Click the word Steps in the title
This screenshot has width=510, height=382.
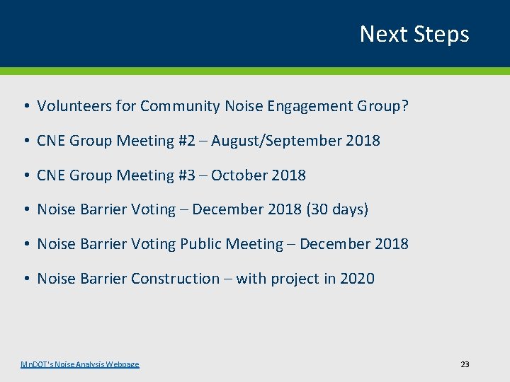click(x=441, y=35)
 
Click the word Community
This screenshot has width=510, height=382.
click(x=180, y=106)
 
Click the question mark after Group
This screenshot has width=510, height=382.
click(x=405, y=106)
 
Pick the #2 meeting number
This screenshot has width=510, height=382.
click(x=185, y=141)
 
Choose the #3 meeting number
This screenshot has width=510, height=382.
click(x=185, y=175)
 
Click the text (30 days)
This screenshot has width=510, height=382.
click(x=334, y=209)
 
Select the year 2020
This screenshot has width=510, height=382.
click(x=357, y=279)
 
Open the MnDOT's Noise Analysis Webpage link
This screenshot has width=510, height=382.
click(x=80, y=364)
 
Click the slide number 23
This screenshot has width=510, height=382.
click(x=465, y=364)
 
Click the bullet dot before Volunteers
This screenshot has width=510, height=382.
click(x=25, y=107)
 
